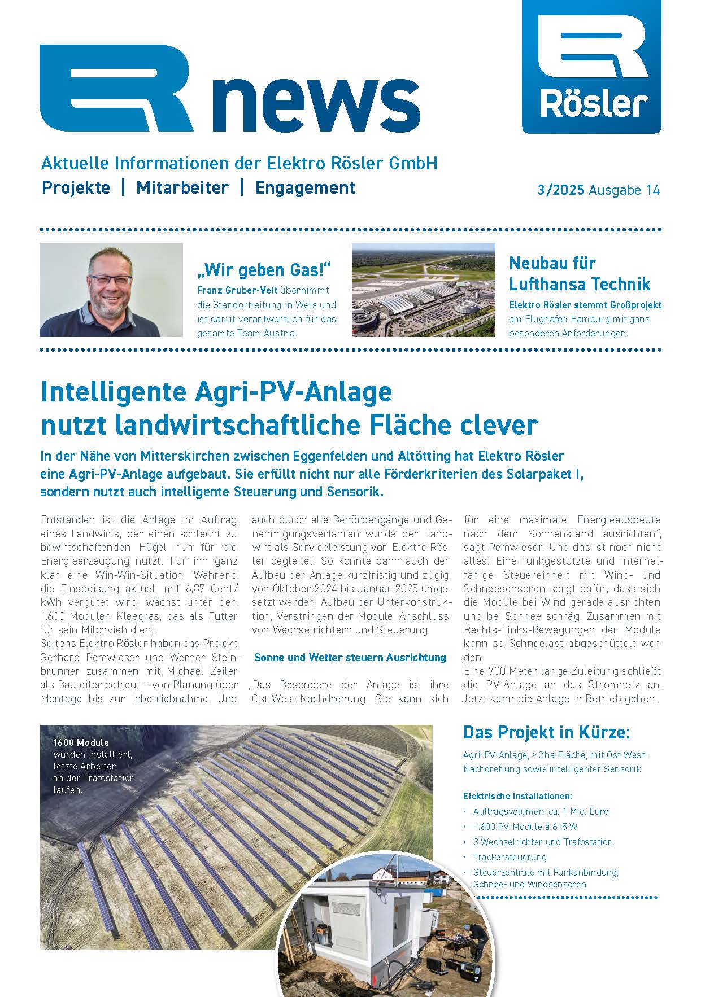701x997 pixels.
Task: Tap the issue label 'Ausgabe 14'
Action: pos(624,190)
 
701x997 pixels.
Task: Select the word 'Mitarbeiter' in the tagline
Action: pos(182,187)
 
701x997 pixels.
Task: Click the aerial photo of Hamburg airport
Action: pos(423,290)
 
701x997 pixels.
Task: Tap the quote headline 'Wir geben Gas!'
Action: pos(263,270)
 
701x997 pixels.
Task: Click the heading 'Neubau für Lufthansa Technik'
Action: pos(579,273)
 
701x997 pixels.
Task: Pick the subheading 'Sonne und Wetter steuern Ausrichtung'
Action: pos(350,657)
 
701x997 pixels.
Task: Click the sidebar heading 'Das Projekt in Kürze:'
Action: pos(546,732)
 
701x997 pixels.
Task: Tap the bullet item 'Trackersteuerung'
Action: pos(510,857)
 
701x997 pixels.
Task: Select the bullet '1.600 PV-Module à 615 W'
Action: pos(525,827)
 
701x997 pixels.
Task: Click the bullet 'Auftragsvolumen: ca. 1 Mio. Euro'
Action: pos(541,811)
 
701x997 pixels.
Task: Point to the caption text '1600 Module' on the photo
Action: pos(81,742)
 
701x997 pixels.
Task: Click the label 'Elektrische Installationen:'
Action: pos(517,796)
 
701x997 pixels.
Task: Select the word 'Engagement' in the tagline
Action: pos(305,187)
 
